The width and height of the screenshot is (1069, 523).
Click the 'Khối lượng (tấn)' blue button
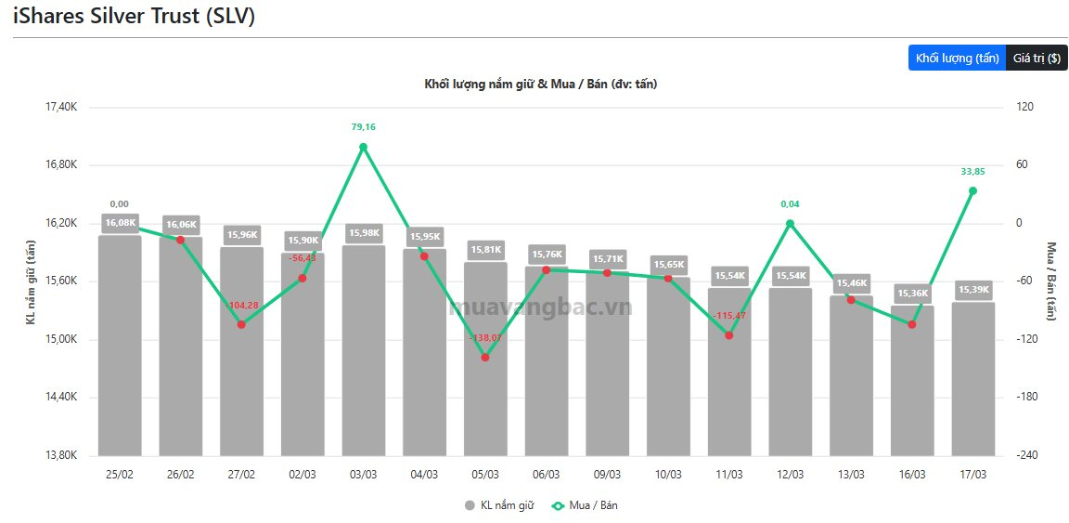coord(956,58)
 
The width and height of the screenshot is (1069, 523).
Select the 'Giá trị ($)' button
coord(1036,58)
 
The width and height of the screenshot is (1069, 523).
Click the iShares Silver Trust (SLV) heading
coord(134,17)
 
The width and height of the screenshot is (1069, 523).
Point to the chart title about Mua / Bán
coord(541,85)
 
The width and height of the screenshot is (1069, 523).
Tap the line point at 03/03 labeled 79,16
coord(363,147)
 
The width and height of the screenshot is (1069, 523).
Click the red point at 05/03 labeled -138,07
coord(485,357)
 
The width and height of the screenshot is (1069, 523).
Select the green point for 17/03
coord(972,190)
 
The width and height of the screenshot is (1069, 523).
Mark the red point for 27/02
coord(241,324)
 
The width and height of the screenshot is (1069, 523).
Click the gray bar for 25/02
coord(120,353)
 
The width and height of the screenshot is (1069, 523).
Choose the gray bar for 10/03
coord(668,372)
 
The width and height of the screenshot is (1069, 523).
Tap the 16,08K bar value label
coord(120,223)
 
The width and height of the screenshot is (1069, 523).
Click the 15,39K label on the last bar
coord(972,290)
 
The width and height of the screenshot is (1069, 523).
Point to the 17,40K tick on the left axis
coord(61,107)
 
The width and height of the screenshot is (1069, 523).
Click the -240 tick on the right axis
coord(1024,455)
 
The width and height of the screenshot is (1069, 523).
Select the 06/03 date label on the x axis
coord(546,474)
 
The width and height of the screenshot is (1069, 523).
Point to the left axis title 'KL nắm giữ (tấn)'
coord(30,281)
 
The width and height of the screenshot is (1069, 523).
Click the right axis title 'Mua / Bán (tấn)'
coord(1051,281)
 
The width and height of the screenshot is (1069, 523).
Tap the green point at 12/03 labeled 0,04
coord(790,223)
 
